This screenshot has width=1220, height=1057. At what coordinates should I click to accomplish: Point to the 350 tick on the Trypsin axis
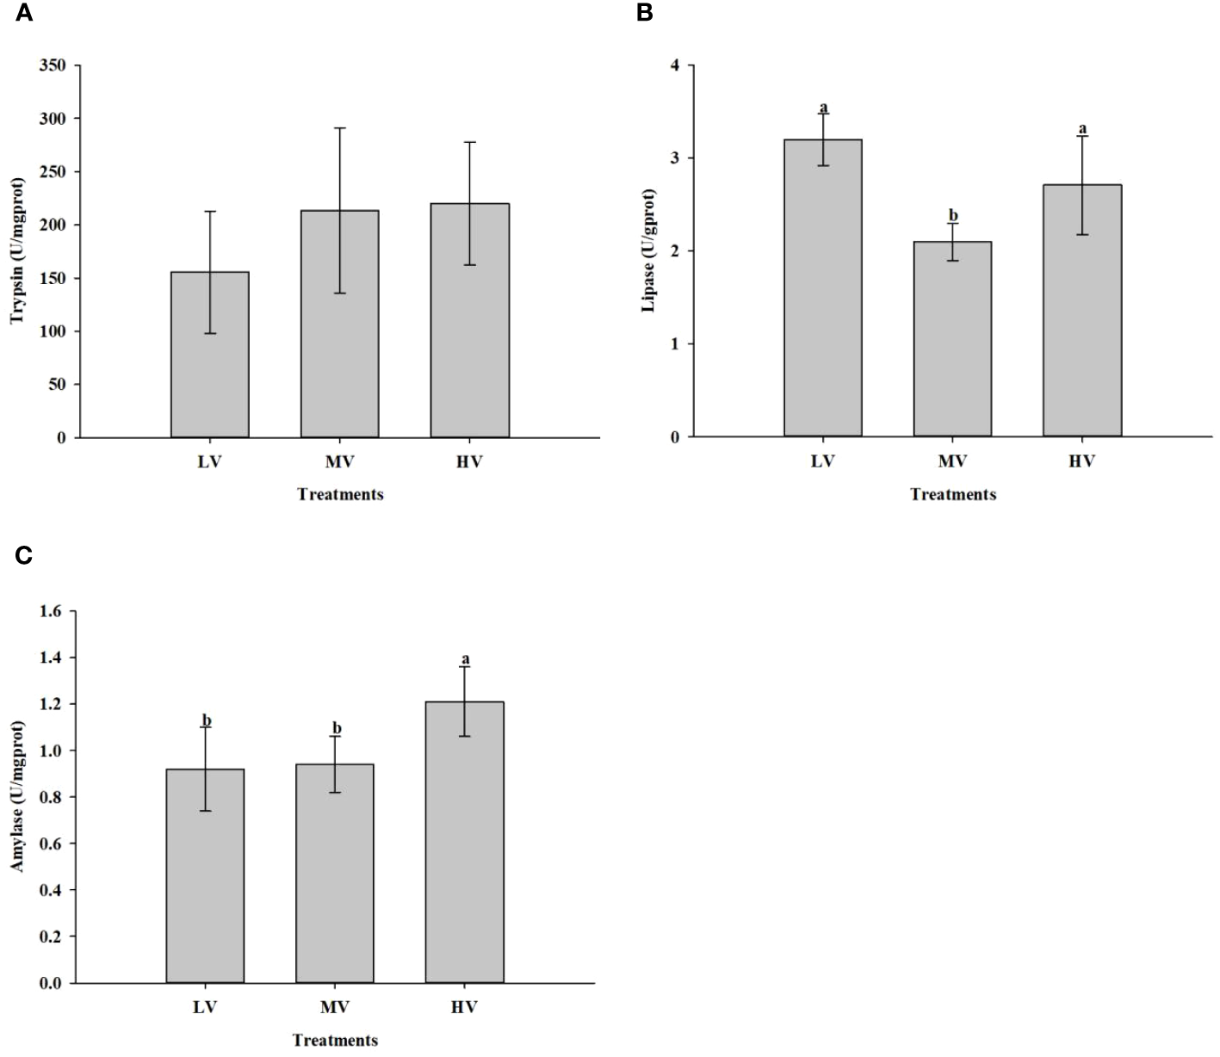(x=54, y=65)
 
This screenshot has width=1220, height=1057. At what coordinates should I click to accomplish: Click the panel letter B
(x=644, y=13)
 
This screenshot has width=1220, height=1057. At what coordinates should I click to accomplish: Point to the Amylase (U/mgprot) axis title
(x=17, y=796)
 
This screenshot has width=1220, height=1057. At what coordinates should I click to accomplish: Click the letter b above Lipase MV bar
(x=952, y=215)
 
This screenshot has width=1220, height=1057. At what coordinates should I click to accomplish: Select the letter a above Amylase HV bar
(x=465, y=659)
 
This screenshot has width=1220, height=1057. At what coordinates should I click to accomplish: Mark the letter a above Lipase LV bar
(x=823, y=108)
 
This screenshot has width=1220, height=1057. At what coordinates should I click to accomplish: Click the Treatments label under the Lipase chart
(x=952, y=494)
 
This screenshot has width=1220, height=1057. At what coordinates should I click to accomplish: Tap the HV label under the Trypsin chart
(x=469, y=461)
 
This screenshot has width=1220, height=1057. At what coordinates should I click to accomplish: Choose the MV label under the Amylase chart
(x=334, y=1007)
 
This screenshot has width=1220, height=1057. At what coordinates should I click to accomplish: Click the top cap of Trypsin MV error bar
(x=339, y=128)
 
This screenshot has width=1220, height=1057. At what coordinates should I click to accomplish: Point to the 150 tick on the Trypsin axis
(x=54, y=278)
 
